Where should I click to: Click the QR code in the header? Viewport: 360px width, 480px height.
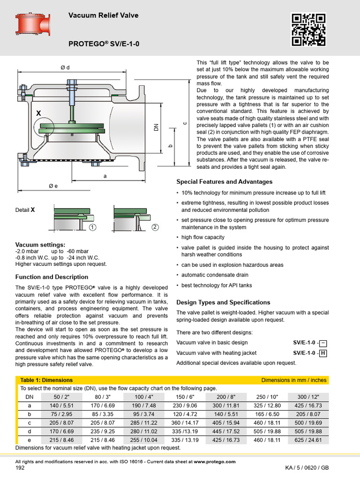click(308, 30)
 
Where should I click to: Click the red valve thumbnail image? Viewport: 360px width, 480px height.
click(33, 24)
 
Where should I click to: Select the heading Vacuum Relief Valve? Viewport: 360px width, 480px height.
click(103, 15)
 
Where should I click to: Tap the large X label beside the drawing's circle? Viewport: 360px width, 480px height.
click(38, 113)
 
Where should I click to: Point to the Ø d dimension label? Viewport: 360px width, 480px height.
click(65, 67)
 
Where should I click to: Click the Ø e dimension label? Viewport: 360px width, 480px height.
click(53, 186)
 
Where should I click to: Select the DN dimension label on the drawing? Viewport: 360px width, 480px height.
click(157, 127)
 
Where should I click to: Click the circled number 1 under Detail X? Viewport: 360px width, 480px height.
click(93, 227)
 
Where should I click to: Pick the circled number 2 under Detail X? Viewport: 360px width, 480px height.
click(155, 227)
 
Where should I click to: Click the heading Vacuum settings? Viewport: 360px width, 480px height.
click(40, 245)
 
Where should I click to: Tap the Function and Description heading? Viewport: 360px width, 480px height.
click(52, 277)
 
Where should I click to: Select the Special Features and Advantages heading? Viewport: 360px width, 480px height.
click(224, 182)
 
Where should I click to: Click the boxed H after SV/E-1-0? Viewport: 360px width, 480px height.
click(322, 353)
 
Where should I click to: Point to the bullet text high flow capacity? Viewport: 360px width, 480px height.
click(202, 237)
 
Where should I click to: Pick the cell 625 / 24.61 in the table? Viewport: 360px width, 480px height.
click(308, 440)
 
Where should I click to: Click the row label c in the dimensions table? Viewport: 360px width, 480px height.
click(30, 422)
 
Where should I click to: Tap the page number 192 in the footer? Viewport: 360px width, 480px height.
click(20, 468)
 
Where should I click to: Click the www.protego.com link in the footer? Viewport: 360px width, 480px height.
click(215, 462)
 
